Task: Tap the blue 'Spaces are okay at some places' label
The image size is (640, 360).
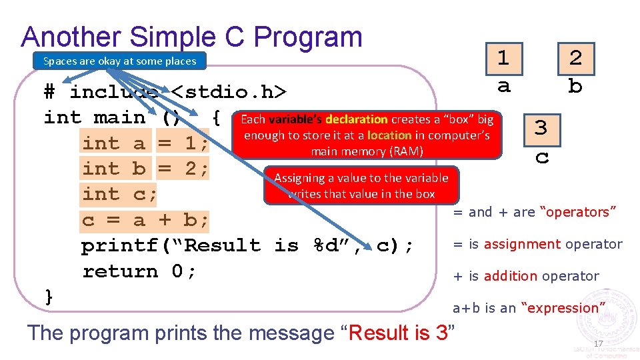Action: point(119,61)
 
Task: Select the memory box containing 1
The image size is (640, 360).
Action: point(503,59)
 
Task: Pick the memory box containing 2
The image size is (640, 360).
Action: point(575,59)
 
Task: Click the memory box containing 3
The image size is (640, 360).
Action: point(541,128)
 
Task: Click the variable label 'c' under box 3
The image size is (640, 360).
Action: point(542,157)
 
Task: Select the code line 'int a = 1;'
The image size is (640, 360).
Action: point(146,143)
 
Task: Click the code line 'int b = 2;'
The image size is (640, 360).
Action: point(146,169)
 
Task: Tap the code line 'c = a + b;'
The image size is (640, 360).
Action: point(145,220)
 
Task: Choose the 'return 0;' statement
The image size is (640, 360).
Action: point(139,271)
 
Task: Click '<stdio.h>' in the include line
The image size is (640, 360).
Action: point(229,91)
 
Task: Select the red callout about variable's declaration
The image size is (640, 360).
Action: point(367,135)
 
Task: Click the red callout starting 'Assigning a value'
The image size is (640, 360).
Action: point(361,185)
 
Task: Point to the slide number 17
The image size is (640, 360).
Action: point(598,344)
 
